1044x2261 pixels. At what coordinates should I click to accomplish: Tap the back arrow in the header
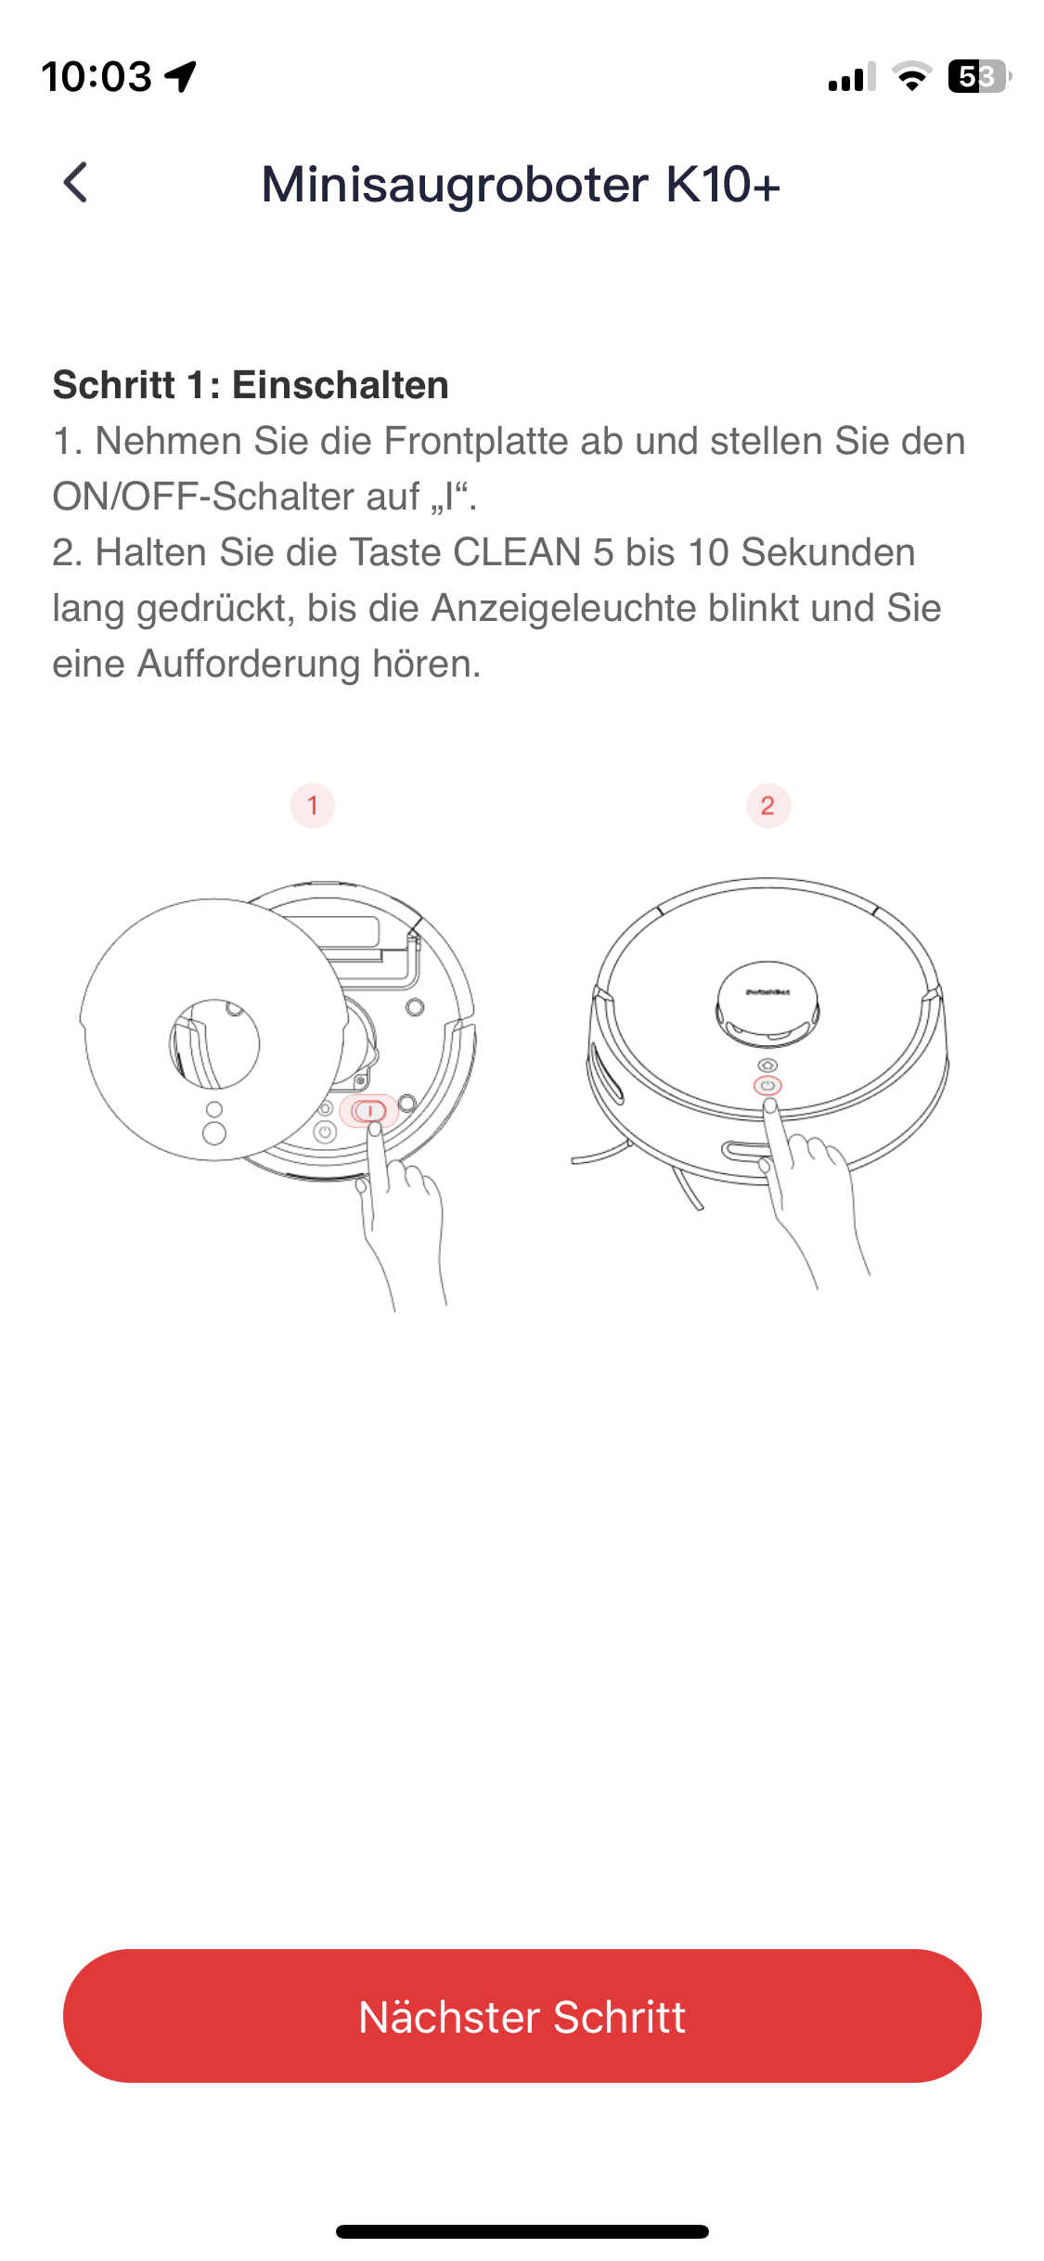(x=76, y=182)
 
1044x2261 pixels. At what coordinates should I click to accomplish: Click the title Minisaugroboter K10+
(x=521, y=184)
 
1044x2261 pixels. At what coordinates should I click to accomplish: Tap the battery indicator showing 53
(x=979, y=76)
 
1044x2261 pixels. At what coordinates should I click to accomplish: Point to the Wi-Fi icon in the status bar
(x=912, y=76)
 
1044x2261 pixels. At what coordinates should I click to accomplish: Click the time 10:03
(x=97, y=76)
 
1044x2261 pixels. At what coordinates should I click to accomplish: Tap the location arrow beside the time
(x=181, y=76)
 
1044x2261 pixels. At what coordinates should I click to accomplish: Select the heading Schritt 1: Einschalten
(x=251, y=384)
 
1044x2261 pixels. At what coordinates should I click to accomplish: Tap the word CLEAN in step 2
(x=517, y=552)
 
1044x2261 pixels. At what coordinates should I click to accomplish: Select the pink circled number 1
(x=313, y=806)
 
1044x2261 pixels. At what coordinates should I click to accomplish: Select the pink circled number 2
(x=768, y=806)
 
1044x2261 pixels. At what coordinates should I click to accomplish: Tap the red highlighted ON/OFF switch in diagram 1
(x=369, y=1111)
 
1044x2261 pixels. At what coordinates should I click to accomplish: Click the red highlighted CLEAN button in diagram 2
(x=767, y=1086)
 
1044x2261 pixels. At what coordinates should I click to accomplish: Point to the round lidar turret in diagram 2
(x=767, y=1001)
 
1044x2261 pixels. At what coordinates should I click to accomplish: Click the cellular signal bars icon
(x=852, y=77)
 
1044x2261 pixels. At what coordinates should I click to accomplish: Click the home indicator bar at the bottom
(x=522, y=2231)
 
